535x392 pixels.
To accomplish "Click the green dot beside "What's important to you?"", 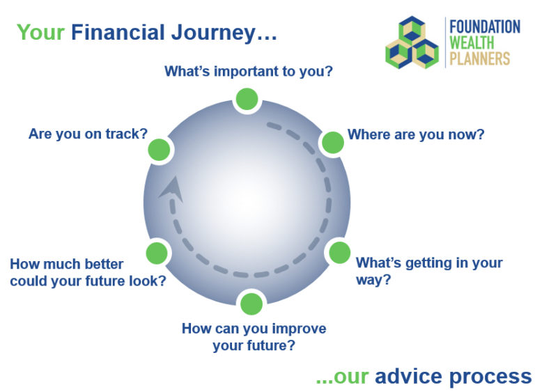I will tap(246, 100).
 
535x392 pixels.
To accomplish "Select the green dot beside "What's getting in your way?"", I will tap(339, 252).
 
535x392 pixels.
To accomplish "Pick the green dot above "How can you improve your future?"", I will tap(251, 304).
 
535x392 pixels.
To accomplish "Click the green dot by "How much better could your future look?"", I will tap(157, 252).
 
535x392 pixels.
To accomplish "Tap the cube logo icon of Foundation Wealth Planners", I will tap(412, 44).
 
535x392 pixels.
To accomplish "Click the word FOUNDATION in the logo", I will tap(485, 27).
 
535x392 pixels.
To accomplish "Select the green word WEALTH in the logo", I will tap(472, 43).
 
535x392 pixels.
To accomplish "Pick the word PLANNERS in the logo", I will tap(480, 59).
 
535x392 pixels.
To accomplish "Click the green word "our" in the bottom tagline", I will tap(350, 377).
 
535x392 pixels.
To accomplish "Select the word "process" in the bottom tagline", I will tap(489, 377).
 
